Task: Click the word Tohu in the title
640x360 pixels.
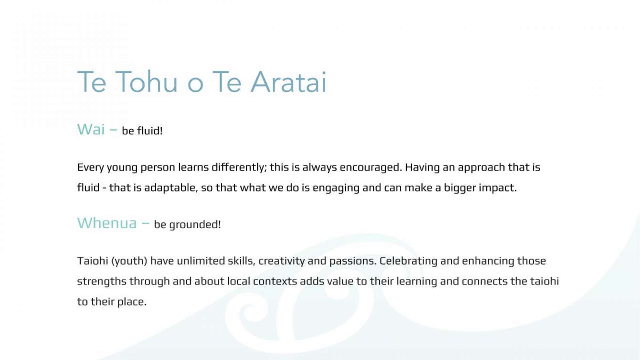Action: pyautogui.click(x=147, y=82)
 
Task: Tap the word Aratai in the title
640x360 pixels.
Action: pyautogui.click(x=289, y=82)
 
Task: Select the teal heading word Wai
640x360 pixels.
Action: pyautogui.click(x=91, y=130)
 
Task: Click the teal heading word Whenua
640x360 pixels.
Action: pyautogui.click(x=107, y=223)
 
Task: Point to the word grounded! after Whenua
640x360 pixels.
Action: pyautogui.click(x=195, y=225)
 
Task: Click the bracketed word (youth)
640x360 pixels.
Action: pyautogui.click(x=129, y=261)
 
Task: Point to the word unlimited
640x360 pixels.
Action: pyautogui.click(x=201, y=261)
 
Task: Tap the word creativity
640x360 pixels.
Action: pyautogui.click(x=282, y=261)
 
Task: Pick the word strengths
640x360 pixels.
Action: pyautogui.click(x=102, y=282)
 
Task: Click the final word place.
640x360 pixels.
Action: pyautogui.click(x=132, y=302)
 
